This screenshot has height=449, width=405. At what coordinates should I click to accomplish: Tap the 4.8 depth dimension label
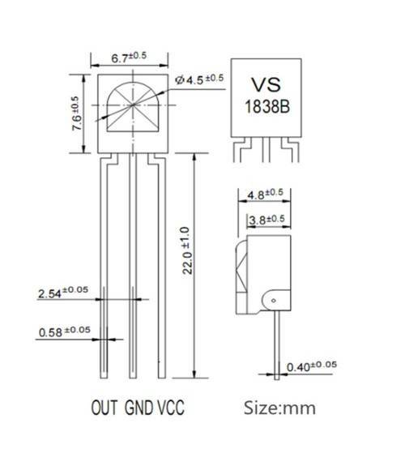263,194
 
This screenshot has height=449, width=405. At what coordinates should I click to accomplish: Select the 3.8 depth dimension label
264,220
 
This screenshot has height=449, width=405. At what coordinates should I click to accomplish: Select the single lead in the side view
278,349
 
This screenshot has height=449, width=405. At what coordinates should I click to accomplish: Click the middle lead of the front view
134,267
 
